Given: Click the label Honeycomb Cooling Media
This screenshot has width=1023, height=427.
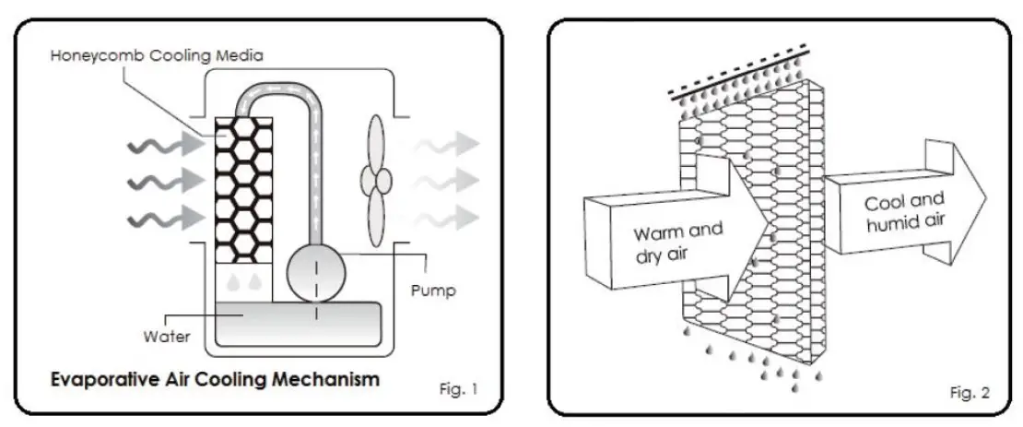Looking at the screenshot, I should [157, 55].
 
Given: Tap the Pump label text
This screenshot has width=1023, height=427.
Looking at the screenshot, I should [431, 291].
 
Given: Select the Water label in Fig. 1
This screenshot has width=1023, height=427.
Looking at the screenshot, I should [168, 336].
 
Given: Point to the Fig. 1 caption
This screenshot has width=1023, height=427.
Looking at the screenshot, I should [458, 388].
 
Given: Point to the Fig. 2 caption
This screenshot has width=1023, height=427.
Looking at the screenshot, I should [969, 393].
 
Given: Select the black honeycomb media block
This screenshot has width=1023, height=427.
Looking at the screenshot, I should [243, 188].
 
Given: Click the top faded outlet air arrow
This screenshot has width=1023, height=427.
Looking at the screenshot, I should [448, 144].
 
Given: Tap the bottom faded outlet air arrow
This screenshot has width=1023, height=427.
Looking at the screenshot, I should [448, 218].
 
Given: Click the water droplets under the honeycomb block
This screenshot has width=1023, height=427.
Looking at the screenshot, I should [243, 278].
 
